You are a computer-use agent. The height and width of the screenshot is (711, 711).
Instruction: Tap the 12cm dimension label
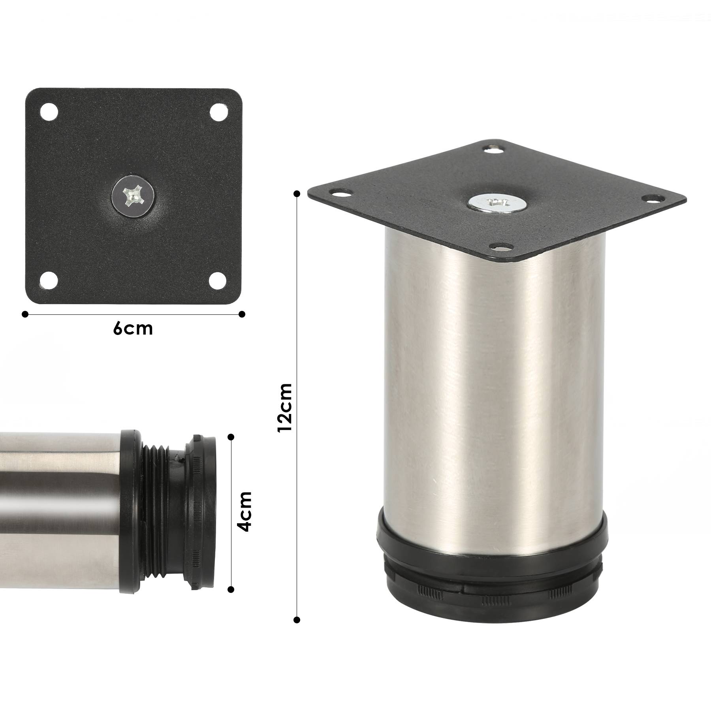[285, 407]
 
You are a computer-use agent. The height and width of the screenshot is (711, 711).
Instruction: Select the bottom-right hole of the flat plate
[218, 280]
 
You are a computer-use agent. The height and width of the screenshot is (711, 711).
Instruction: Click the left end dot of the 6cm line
[25, 314]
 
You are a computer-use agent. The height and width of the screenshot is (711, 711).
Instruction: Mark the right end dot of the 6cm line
[242, 314]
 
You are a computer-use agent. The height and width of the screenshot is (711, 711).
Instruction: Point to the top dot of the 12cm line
[297, 193]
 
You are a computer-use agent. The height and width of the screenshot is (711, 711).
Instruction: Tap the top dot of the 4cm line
[231, 436]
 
